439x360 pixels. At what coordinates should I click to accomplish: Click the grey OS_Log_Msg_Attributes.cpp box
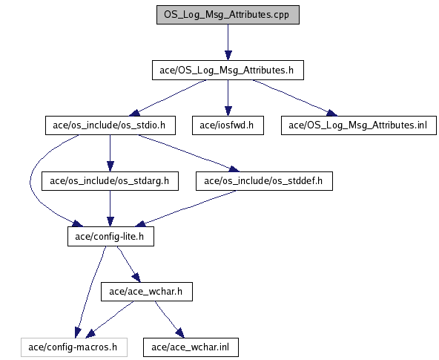coord(228,15)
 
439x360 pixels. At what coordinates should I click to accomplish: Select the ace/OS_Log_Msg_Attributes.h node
coord(228,70)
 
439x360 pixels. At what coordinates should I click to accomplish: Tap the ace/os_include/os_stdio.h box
coord(110,125)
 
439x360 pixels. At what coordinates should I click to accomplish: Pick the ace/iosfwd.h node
coord(228,125)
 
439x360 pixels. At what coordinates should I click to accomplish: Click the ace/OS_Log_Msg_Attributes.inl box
coord(359,125)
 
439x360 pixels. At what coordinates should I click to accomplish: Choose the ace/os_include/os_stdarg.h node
coord(110,181)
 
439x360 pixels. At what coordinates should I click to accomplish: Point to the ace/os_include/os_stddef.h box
coord(264,181)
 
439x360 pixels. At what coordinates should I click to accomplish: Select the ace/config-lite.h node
coord(110,237)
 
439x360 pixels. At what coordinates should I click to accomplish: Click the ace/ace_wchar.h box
coord(147,292)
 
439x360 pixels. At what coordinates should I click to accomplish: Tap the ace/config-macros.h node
coord(74,347)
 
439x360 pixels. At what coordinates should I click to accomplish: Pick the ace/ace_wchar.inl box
coord(191,347)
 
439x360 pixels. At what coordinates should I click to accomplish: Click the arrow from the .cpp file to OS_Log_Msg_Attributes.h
coord(228,42)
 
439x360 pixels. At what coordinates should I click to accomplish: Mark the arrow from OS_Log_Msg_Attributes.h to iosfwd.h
coord(228,98)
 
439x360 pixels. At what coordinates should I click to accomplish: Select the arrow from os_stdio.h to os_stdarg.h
coord(110,153)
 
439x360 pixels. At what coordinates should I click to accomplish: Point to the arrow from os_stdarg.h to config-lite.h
coord(110,209)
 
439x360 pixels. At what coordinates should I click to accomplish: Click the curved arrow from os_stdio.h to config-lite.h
coord(30,182)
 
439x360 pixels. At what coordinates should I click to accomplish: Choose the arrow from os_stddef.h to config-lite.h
coord(186,208)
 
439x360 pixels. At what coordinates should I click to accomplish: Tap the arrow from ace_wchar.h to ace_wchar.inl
coord(170,320)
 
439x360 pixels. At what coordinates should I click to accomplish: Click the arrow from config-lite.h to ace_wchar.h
coord(128,264)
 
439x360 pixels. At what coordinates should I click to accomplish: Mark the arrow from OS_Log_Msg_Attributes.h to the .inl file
coord(295,97)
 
